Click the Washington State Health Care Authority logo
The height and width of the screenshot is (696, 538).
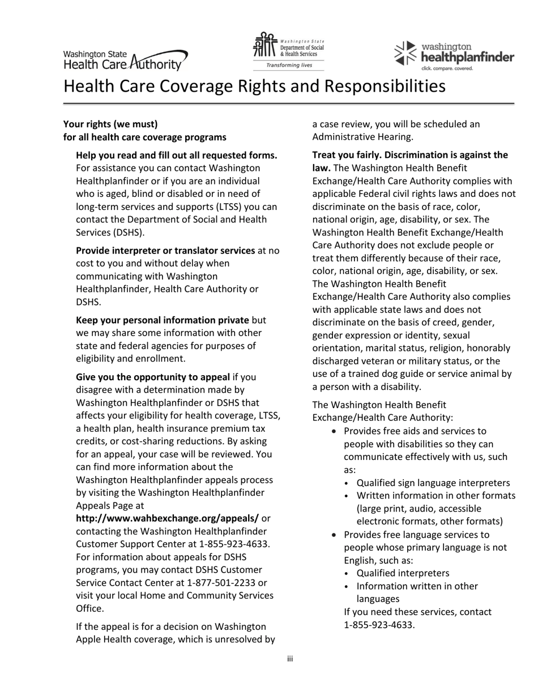[x=125, y=59]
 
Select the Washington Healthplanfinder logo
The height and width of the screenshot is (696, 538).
[x=454, y=55]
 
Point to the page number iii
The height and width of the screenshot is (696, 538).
[x=289, y=659]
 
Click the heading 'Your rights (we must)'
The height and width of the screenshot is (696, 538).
[x=110, y=124]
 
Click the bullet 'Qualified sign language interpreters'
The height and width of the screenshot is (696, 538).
[x=433, y=483]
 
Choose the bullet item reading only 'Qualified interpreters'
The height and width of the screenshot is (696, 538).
[x=403, y=573]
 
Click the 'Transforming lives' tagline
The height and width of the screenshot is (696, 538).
[x=289, y=65]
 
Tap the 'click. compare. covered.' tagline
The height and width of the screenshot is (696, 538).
[x=447, y=68]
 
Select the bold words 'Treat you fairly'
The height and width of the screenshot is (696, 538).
[x=345, y=155]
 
